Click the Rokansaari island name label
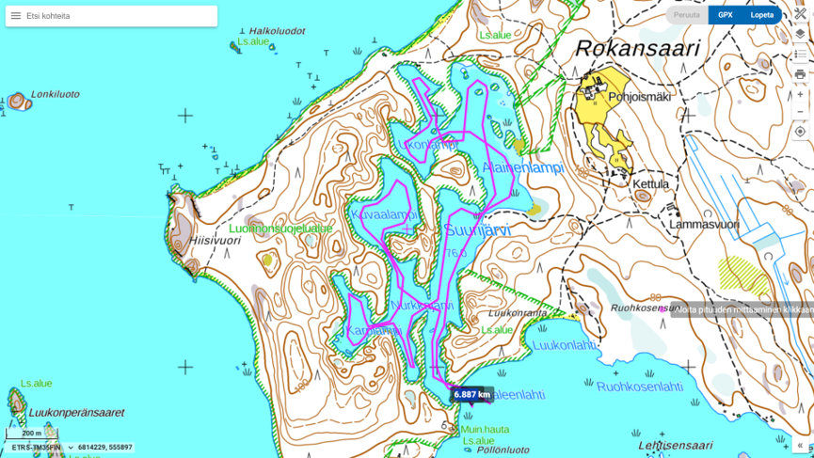point(637,49)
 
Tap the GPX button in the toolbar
point(725,15)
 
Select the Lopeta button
point(761,15)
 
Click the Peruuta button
point(687,15)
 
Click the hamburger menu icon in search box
point(16,16)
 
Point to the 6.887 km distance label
point(471,394)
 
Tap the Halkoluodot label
point(276,31)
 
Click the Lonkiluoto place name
point(55,94)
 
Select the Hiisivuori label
point(215,241)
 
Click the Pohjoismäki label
point(639,96)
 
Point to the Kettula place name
point(650,184)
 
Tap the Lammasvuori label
point(703,225)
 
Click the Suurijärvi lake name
point(477,229)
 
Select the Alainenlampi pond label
point(522,167)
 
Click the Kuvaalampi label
point(384,214)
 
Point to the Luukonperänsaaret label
point(76,412)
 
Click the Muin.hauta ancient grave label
point(485,430)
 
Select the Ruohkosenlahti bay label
point(639,387)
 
